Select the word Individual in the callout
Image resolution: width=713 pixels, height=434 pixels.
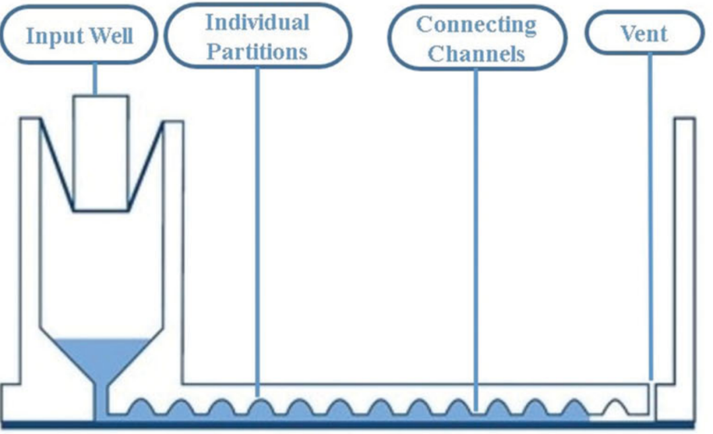[x=257, y=22]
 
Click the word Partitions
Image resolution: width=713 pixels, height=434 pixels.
[x=257, y=51]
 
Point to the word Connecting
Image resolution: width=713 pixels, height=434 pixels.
[x=476, y=24]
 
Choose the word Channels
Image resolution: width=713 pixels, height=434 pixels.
[x=476, y=53]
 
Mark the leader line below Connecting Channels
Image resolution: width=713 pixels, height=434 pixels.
[x=475, y=231]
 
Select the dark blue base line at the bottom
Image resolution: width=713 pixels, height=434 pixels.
[x=356, y=423]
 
